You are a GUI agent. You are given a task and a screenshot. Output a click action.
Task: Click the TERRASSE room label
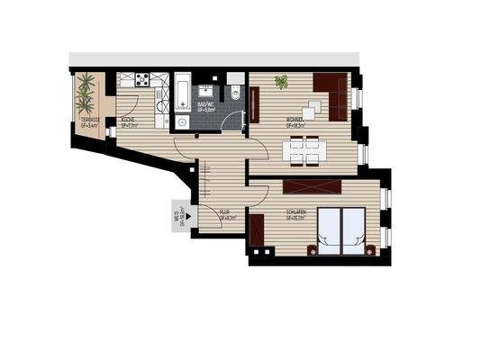[90, 121]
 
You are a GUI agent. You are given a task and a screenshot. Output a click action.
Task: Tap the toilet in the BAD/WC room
[234, 93]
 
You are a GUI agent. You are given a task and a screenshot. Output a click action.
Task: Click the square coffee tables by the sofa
[311, 110]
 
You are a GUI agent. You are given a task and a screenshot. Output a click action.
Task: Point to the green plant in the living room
[282, 83]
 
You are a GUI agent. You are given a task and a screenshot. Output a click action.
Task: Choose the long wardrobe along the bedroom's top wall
[312, 187]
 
